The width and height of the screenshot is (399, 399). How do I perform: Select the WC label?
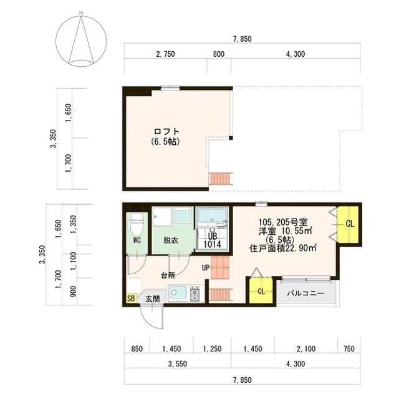[137, 239]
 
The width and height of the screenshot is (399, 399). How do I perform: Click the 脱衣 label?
[171, 240]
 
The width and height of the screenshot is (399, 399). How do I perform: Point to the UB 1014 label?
[213, 240]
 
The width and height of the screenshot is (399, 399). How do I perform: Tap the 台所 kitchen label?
[167, 274]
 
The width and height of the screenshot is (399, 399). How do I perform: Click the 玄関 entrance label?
[152, 299]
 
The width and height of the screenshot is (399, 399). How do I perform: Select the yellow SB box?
[131, 298]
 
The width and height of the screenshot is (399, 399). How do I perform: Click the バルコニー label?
[305, 292]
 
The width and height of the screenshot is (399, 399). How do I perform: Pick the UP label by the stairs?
[205, 268]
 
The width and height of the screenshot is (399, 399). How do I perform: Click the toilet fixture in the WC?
[136, 223]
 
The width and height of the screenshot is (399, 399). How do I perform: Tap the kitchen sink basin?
[176, 293]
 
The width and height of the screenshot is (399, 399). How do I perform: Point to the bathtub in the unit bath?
[213, 218]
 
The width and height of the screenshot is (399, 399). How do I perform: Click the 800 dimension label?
[218, 54]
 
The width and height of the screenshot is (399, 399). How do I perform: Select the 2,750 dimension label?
[165, 54]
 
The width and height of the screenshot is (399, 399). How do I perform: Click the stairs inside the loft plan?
[221, 179]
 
